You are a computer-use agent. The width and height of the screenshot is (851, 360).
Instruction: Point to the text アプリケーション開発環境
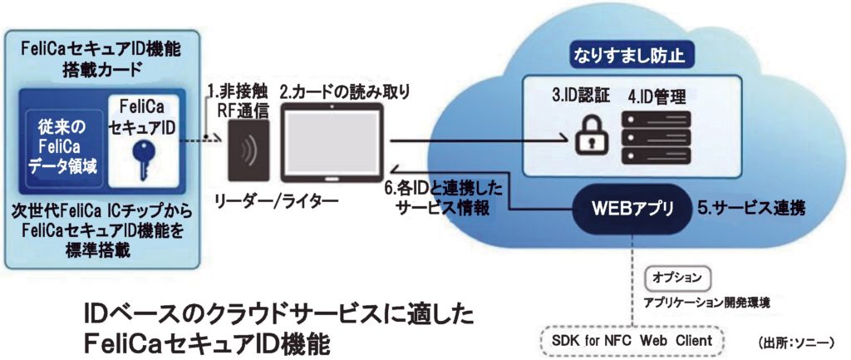(x=706, y=302)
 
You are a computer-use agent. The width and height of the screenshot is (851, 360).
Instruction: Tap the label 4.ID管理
(x=657, y=95)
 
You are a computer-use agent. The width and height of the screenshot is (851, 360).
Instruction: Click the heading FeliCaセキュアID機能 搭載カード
(x=100, y=56)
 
